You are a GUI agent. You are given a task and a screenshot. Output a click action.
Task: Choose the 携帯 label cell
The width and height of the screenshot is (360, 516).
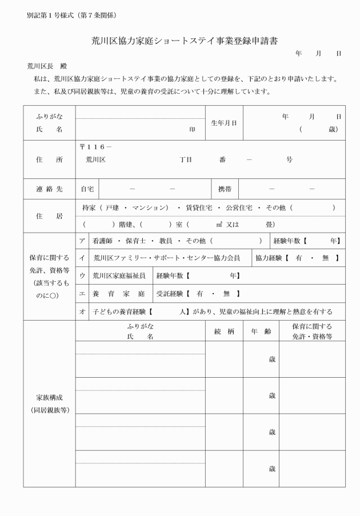(x=224, y=188)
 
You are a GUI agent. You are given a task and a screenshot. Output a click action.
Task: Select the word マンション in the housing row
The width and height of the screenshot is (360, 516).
(x=147, y=207)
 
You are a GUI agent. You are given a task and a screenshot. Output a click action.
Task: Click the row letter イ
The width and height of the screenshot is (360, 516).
(x=82, y=258)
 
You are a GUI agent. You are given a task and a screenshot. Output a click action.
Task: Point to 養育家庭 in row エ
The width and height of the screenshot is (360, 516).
(x=119, y=293)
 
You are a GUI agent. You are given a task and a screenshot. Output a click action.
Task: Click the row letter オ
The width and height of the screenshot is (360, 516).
(x=82, y=311)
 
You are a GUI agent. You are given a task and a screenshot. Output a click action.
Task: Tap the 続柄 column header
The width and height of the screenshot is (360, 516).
(x=225, y=331)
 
